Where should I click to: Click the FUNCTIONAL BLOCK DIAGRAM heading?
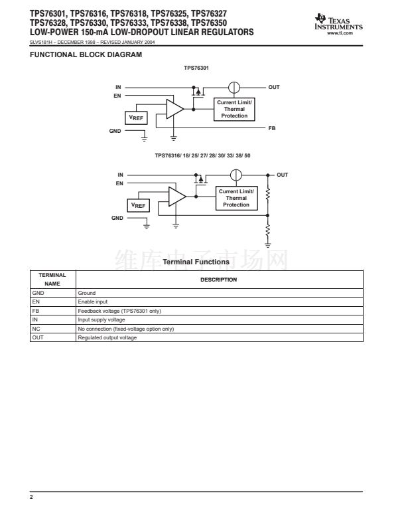click(86, 54)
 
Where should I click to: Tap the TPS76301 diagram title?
click(197, 68)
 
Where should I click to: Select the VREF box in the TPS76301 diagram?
click(136, 118)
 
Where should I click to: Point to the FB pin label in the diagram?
click(271, 128)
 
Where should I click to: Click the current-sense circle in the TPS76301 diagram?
click(234, 87)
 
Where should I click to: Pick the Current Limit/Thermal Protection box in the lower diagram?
click(236, 199)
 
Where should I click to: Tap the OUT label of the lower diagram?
click(283, 175)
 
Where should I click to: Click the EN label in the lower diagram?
click(119, 183)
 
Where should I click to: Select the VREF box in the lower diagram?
click(138, 205)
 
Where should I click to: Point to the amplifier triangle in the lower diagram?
click(176, 197)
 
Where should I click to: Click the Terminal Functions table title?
click(196, 262)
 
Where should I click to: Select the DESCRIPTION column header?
click(219, 280)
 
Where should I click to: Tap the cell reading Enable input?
click(92, 302)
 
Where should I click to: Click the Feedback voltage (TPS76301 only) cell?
click(119, 311)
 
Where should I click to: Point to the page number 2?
click(32, 496)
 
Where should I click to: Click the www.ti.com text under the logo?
click(349, 33)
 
